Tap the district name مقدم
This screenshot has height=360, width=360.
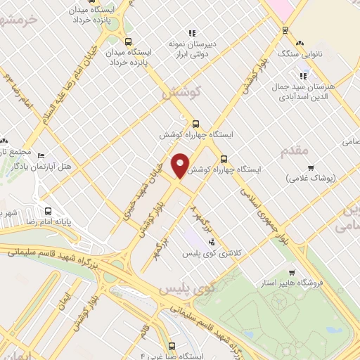(294, 151)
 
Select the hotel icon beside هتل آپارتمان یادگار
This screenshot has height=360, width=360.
(40, 155)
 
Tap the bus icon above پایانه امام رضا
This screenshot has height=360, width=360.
(49, 211)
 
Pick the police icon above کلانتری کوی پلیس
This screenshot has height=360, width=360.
(212, 242)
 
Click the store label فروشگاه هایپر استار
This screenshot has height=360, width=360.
(311, 283)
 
